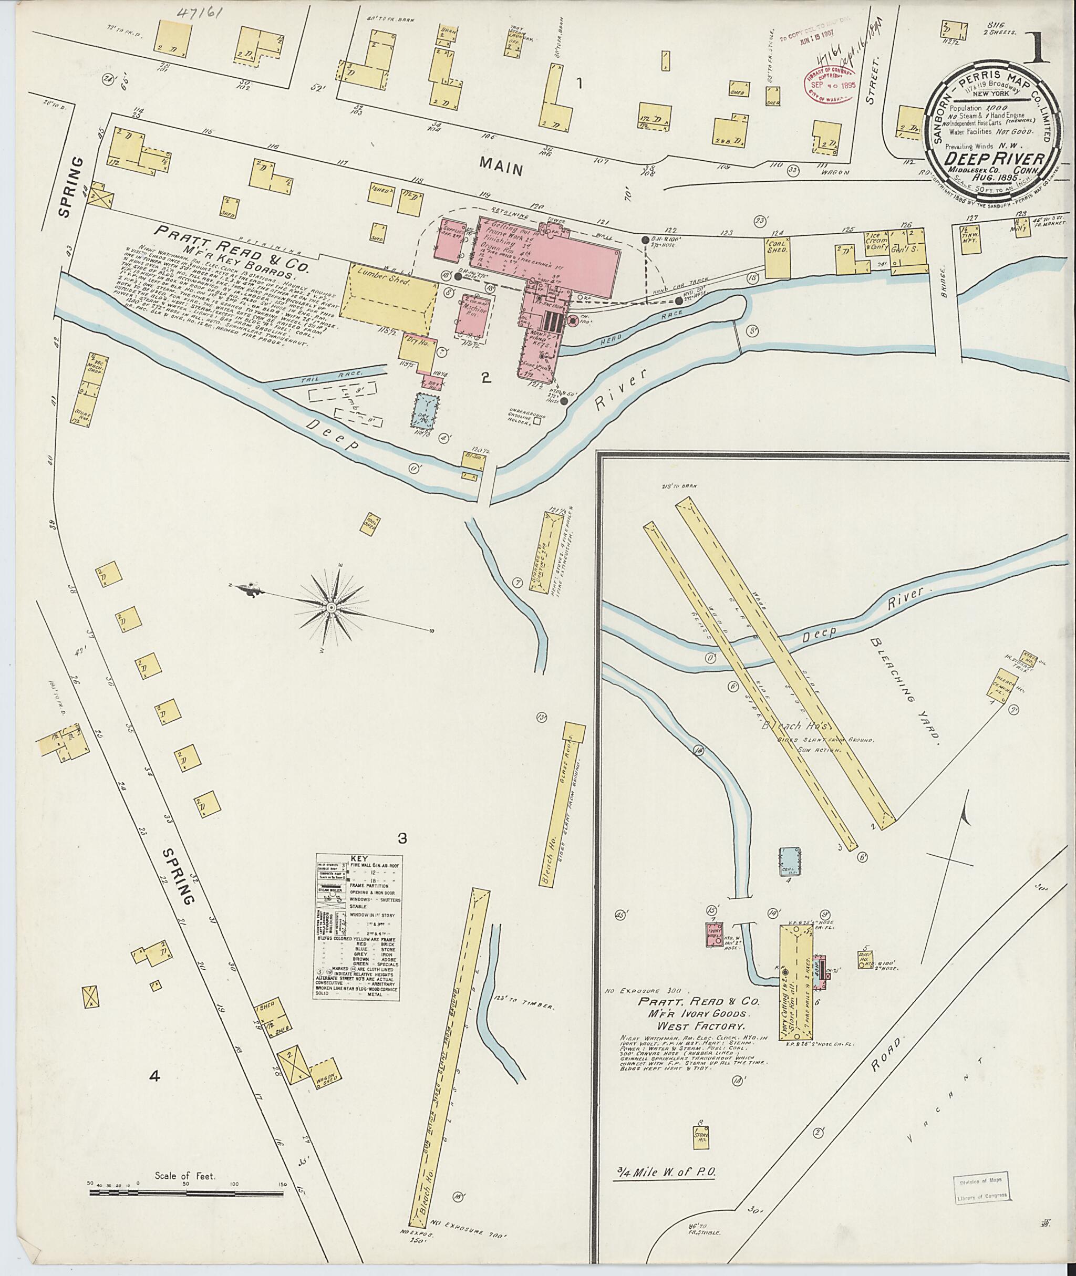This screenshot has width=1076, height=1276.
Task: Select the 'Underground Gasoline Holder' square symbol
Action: pos(537,420)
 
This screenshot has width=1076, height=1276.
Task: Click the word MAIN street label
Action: pos(501,166)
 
